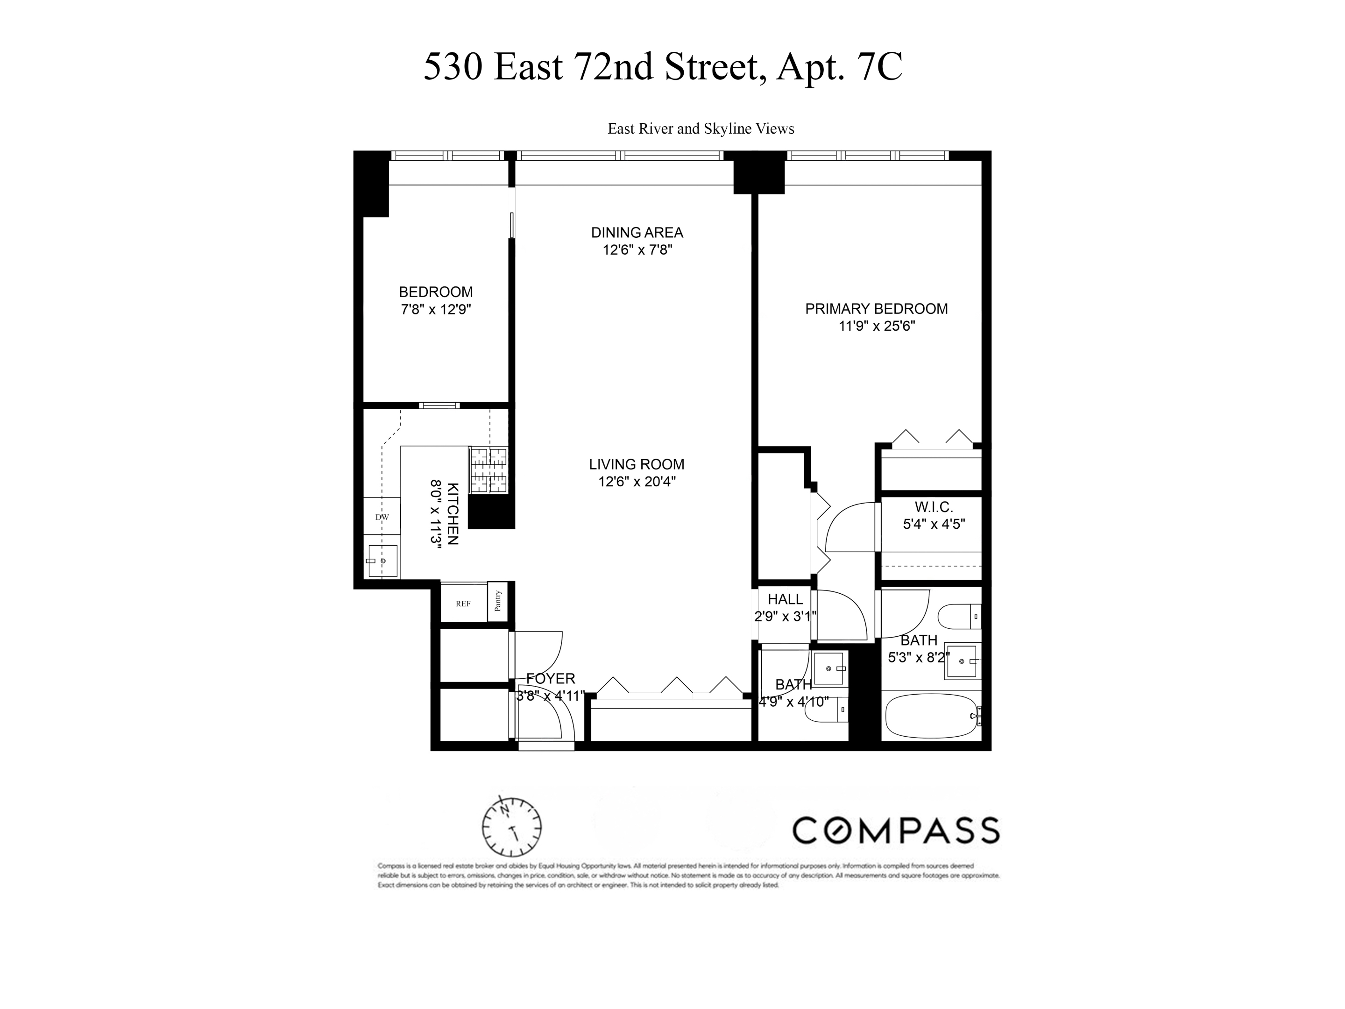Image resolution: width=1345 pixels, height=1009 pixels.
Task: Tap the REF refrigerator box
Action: pos(463,604)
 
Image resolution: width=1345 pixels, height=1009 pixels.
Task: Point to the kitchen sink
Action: pos(382,561)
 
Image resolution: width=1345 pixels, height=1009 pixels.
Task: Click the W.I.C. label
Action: pos(934,507)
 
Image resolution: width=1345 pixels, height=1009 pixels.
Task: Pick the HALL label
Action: pos(785,599)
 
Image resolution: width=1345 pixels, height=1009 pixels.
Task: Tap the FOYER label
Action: pos(550,679)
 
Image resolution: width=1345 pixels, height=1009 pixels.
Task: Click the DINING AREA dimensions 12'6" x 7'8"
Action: pos(637,250)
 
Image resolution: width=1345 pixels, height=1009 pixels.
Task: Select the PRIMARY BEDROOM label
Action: pos(876,309)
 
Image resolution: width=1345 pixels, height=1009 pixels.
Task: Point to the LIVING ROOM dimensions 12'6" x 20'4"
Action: pos(637,482)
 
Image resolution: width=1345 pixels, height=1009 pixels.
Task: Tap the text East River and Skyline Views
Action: pos(701,129)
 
